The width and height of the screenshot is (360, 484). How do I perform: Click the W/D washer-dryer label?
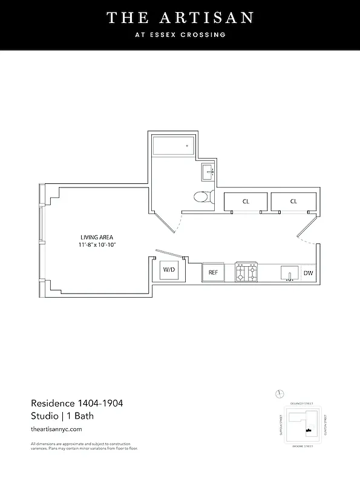[x=168, y=270]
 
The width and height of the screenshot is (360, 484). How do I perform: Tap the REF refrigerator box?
[x=213, y=272]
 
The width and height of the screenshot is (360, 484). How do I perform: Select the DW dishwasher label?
[x=309, y=273]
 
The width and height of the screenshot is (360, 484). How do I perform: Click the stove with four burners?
[x=247, y=272]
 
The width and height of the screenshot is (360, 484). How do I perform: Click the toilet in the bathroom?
[x=203, y=196]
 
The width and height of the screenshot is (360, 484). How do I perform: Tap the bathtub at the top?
[x=172, y=146]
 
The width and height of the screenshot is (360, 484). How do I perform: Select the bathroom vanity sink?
[x=208, y=172]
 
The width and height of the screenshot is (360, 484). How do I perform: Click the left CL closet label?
[x=246, y=201]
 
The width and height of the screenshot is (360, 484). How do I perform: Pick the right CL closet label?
[x=293, y=201]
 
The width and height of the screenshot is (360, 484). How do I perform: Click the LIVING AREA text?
[x=97, y=237]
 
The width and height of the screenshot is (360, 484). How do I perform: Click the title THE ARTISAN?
[x=180, y=18]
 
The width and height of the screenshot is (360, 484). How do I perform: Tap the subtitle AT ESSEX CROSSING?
[x=180, y=35]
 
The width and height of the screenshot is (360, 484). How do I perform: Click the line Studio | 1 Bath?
[x=62, y=416]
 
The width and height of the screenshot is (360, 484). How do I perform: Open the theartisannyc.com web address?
[x=56, y=429]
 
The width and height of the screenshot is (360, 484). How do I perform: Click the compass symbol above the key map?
[x=280, y=394]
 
